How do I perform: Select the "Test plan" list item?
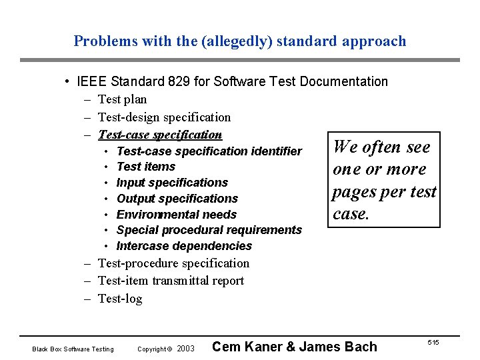tap(122, 99)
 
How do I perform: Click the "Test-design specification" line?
tap(164, 117)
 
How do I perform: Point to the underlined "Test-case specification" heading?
tap(159, 135)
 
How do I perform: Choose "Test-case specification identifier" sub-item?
tap(209, 151)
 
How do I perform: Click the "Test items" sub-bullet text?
tap(145, 167)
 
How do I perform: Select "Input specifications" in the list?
tap(172, 183)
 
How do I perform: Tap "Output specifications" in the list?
tap(177, 199)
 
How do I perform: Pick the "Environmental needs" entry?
tap(176, 215)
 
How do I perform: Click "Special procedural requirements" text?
tap(209, 230)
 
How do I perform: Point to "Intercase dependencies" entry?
tap(184, 246)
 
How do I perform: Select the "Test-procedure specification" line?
tap(173, 263)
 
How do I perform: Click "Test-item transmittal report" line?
tap(171, 281)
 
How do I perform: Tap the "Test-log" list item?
tap(120, 299)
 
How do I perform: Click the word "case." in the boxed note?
tap(351, 214)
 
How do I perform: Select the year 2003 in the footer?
tap(186, 349)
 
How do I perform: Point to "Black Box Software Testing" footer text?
tap(73, 349)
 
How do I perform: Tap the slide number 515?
tap(433, 342)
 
